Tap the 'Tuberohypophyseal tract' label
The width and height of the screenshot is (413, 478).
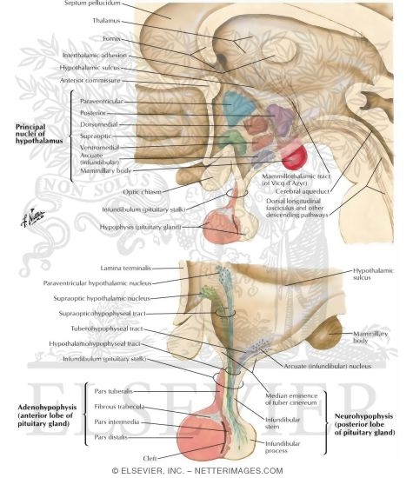point(104,330)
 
